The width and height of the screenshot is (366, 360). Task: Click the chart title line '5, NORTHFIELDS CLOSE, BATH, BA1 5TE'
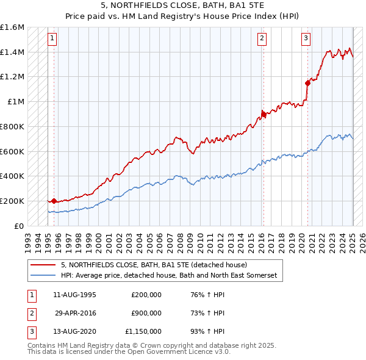pyautogui.click(x=183, y=5)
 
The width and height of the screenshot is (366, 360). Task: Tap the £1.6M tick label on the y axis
pyautogui.click(x=12, y=27)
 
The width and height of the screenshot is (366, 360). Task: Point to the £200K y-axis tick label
pyautogui.click(x=12, y=201)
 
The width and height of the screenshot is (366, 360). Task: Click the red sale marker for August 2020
pyautogui.click(x=307, y=83)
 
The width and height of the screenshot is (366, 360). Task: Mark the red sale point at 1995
pyautogui.click(x=54, y=200)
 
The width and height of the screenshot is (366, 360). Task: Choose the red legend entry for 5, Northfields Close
pyautogui.click(x=153, y=265)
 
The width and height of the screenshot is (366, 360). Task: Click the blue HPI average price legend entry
pyautogui.click(x=168, y=276)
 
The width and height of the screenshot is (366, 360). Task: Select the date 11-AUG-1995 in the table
pyautogui.click(x=74, y=295)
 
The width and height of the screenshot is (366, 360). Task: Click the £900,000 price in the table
pyautogui.click(x=146, y=313)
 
